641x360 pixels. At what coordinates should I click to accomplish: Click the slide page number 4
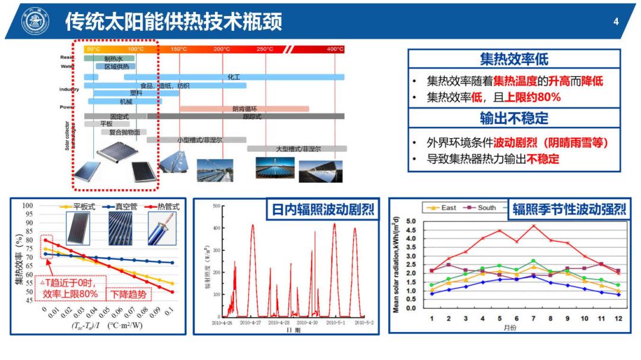point(615,23)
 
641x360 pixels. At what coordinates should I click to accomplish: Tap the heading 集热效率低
point(514,59)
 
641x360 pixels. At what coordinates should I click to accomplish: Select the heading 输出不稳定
point(514,119)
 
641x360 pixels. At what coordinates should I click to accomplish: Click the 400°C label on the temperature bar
point(335,49)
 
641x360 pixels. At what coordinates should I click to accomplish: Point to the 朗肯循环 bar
point(245,109)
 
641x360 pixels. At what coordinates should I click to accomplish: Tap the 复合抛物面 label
point(124,132)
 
